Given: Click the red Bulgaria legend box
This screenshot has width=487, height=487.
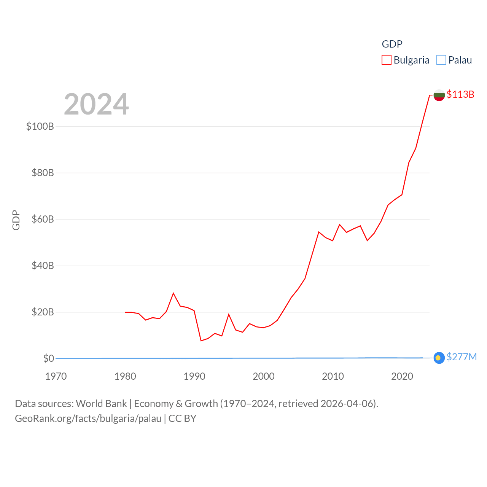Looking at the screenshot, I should pos(386,60).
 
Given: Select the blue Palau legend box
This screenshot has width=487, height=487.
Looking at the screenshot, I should pos(441,60).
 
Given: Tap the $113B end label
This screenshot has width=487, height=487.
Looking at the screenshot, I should pos(460,94).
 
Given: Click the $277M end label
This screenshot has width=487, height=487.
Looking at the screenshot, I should pos(462,357).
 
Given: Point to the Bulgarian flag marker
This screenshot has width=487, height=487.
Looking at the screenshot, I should pos(439,95).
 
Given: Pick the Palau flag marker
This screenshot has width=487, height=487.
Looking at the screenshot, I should pos(439,358).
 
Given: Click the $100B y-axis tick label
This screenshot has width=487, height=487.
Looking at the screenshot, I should pos(40,126).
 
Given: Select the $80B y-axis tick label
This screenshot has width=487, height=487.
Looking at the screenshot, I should pos(43,173).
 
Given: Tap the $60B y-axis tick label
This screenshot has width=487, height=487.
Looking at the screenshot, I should pos(43,219).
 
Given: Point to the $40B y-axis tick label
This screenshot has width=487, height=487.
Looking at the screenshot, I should pos(43,266).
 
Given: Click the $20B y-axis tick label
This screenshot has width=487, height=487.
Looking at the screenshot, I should pos(43,312).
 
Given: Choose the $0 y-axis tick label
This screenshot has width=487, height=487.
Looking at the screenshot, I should pos(49,358).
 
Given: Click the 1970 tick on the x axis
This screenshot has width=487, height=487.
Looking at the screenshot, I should pos(56,376).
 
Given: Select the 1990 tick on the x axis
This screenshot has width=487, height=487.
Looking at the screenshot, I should pos(194,376).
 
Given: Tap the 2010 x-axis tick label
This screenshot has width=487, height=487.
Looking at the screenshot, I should pos(333,376).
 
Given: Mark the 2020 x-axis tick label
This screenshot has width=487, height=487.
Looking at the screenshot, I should pos(402,376).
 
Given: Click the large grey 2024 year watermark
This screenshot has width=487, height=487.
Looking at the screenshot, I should pos(96,104).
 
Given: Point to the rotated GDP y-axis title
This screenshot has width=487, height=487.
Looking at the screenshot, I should pos(16,220).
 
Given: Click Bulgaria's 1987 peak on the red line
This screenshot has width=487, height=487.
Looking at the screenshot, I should pos(173,293).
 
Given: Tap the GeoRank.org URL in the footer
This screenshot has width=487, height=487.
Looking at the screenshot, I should pos(88,419).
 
